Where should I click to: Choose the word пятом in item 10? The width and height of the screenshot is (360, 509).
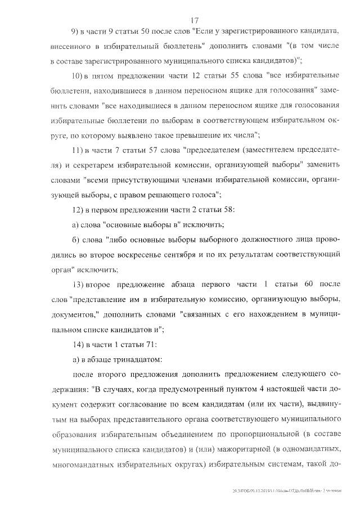pos(107,75)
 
